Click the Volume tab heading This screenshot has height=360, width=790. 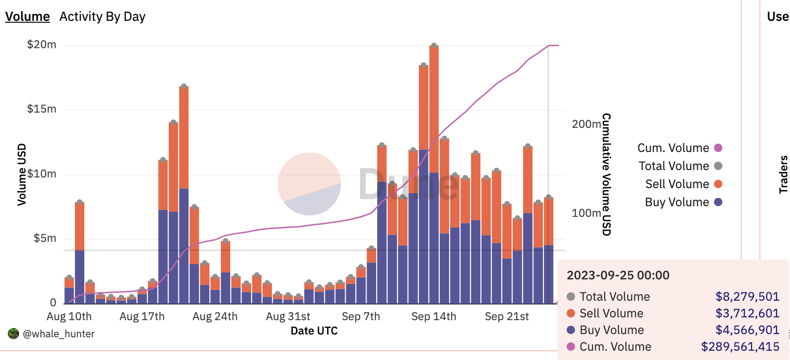coord(27,17)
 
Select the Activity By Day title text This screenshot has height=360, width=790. coord(102,17)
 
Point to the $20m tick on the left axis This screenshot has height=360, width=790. coord(42,44)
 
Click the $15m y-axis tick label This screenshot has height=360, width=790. coord(42,109)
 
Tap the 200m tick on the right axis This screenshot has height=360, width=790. coord(586,124)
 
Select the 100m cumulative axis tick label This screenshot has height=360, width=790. coord(586,213)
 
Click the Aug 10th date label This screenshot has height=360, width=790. coord(69,316)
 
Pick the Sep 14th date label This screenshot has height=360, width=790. coord(434,316)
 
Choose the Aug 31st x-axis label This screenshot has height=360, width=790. coord(288,316)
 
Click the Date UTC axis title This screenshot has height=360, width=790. coord(314,331)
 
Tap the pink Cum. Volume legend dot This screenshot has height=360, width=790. coord(718,148)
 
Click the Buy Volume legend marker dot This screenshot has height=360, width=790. coord(718,202)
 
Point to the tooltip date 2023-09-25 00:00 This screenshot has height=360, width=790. coord(618,275)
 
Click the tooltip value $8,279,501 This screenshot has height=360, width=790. coord(747,297)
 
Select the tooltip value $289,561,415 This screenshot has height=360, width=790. coord(740,347)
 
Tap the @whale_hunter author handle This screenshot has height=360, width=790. coord(58,334)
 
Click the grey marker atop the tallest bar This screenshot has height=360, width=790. coord(434,45)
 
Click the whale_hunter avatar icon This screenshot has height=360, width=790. coord(13,334)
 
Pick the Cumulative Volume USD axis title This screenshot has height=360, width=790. coord(607,174)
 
